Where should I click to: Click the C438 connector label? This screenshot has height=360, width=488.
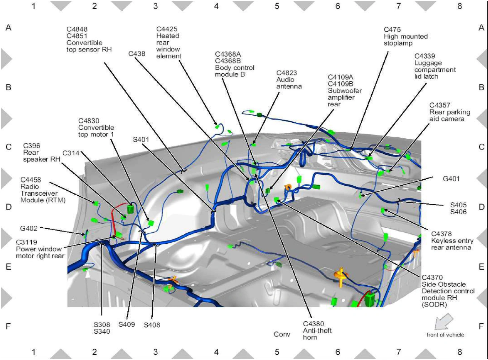tap(137, 54)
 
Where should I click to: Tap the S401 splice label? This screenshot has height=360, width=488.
tap(141, 140)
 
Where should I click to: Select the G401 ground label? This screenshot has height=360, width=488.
tap(451, 179)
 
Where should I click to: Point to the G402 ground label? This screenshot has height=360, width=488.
tap(28, 228)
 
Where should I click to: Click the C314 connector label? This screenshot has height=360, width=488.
tap(71, 153)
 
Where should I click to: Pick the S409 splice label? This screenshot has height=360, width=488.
tap(126, 324)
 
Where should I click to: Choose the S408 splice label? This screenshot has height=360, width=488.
tap(152, 325)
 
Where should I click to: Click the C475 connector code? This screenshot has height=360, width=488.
tap(392, 30)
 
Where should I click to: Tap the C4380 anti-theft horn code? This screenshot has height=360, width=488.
tap(313, 324)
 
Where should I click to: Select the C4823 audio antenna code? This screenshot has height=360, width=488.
tap(287, 73)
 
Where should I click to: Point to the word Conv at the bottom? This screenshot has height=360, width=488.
tap(282, 334)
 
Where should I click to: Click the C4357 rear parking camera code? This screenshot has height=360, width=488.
tap(440, 105)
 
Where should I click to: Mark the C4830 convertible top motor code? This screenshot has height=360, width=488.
tap(89, 121)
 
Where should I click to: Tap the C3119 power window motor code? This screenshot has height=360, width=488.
tap(26, 242)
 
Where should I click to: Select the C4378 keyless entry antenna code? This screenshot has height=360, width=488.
tap(441, 234)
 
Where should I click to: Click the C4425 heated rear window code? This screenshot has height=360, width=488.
tap(167, 29)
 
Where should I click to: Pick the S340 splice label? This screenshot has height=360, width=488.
tap(102, 331)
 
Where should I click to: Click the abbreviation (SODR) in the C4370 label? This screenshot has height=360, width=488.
tap(434, 305)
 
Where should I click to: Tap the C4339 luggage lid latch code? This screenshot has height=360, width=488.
tap(425, 56)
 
